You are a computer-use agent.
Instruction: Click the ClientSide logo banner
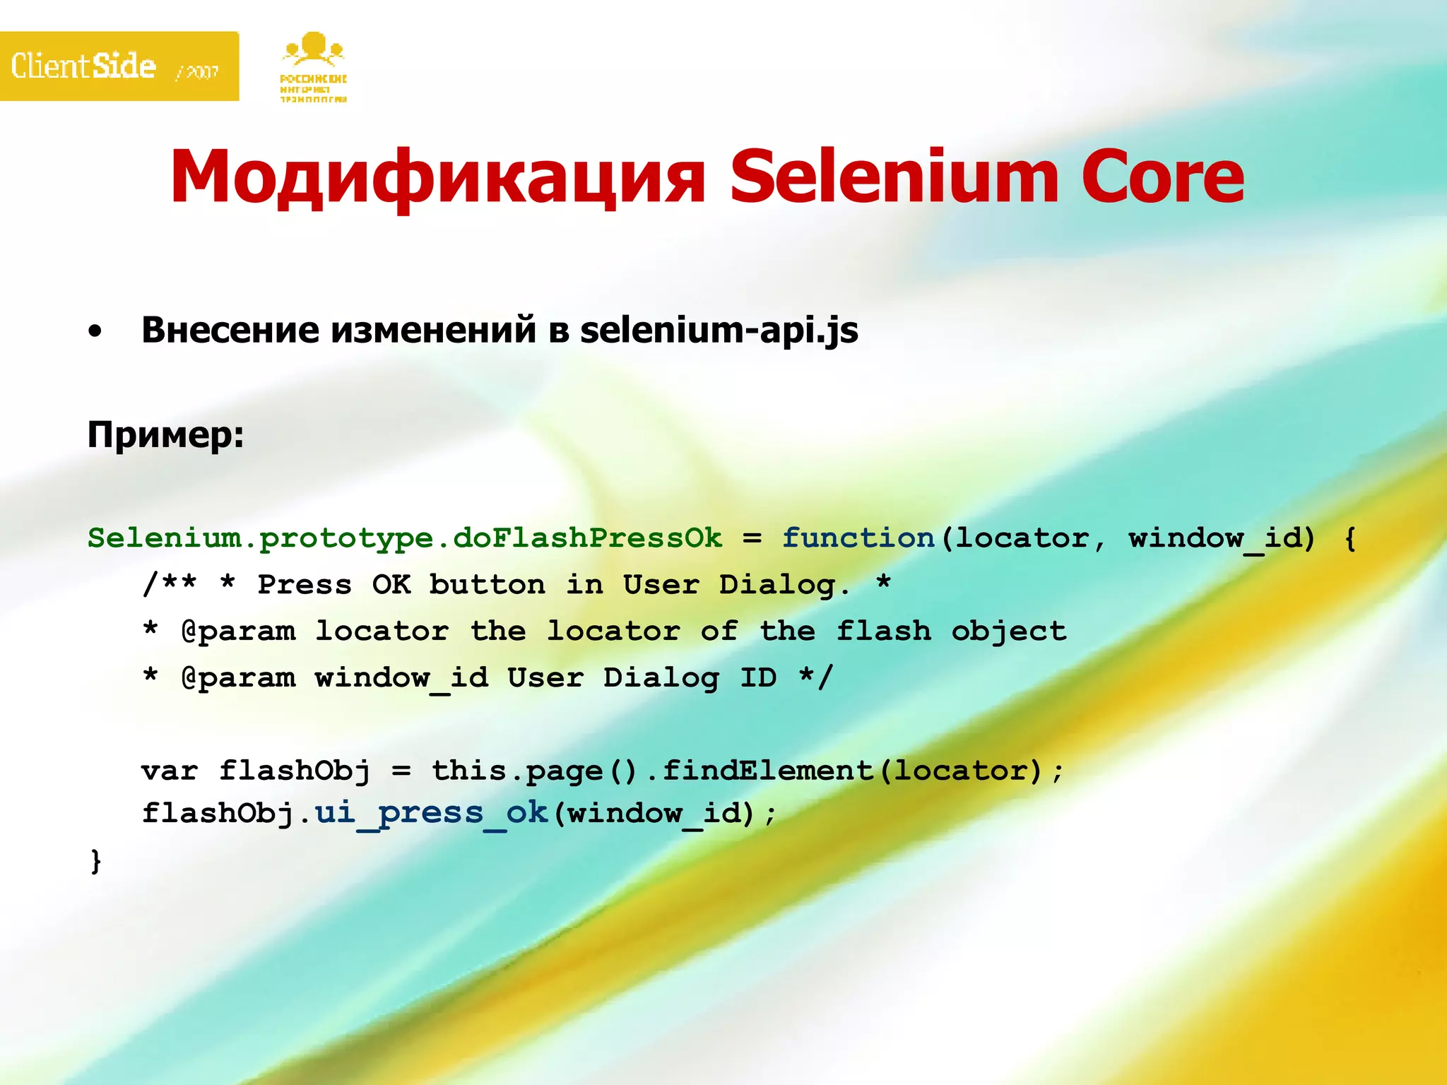[x=119, y=66]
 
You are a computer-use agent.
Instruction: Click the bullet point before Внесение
[x=95, y=331]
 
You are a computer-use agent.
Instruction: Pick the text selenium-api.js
[x=719, y=331]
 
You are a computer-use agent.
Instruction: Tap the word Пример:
[x=165, y=434]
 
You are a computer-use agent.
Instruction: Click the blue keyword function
[x=858, y=538]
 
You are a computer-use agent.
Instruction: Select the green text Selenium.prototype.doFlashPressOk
[x=405, y=538]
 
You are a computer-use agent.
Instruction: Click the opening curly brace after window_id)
[x=1350, y=539]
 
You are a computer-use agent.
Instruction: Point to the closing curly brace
[x=96, y=861]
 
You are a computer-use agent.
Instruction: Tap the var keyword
[x=170, y=771]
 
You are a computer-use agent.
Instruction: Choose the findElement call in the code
[x=768, y=771]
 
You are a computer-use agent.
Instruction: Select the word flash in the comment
[x=883, y=631]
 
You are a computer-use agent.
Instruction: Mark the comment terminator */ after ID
[x=816, y=677]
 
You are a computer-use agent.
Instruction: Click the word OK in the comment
[x=391, y=585]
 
